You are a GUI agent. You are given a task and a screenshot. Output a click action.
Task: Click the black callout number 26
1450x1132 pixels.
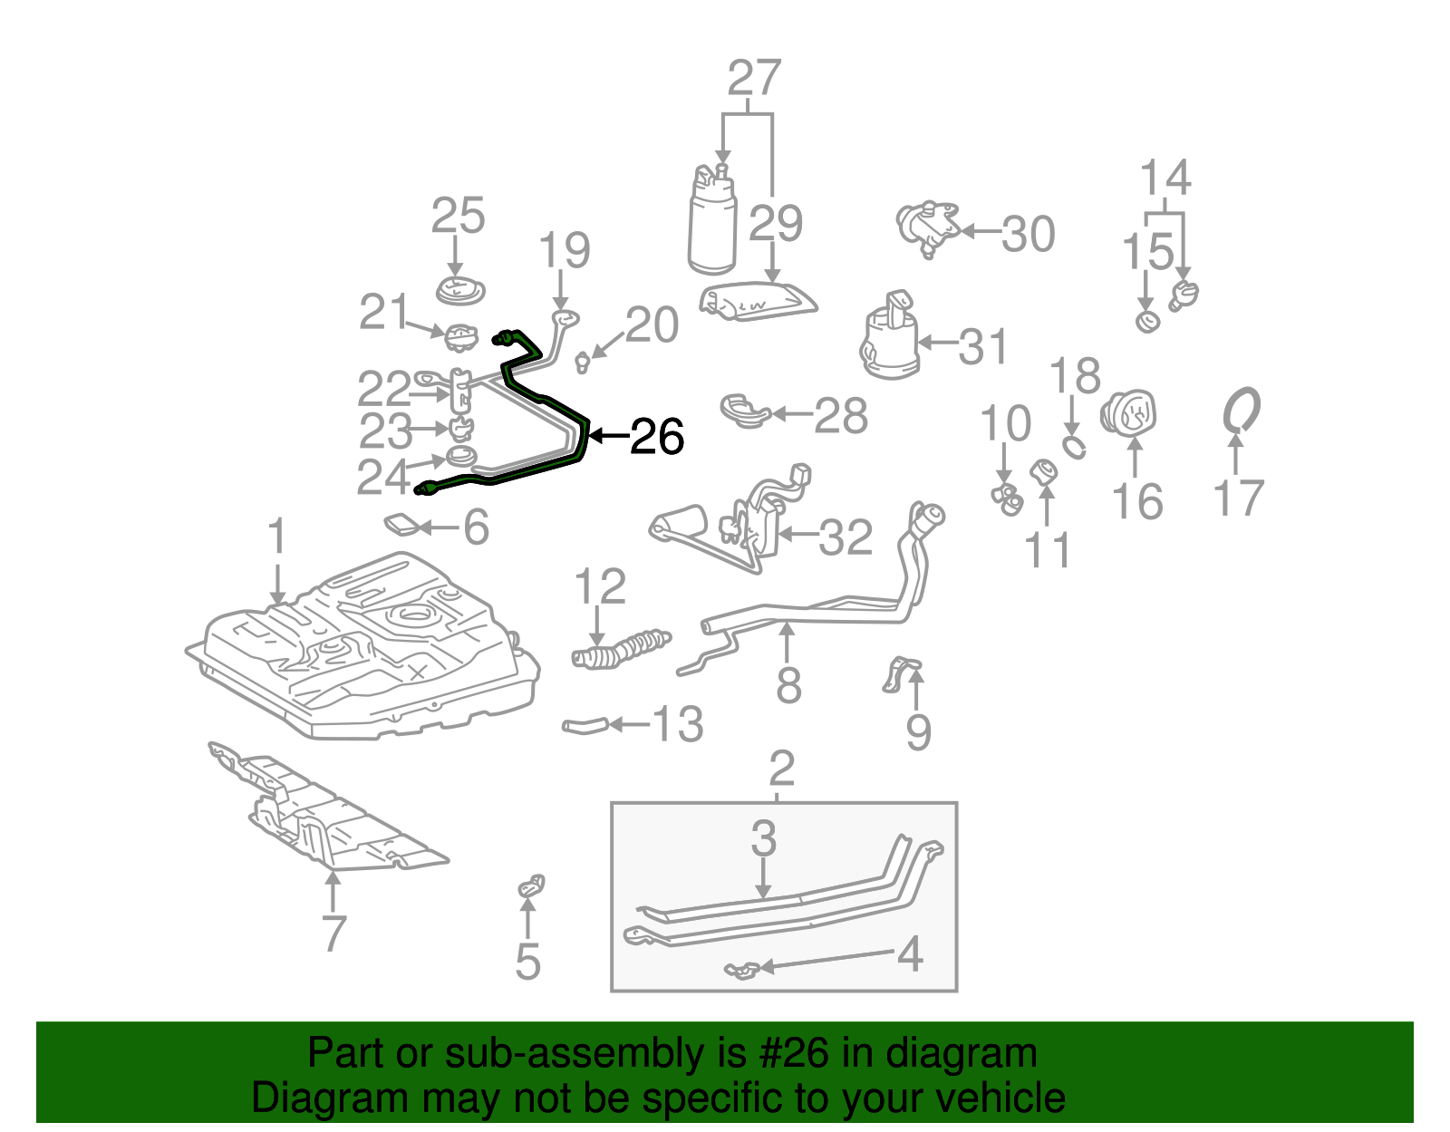pyautogui.click(x=656, y=437)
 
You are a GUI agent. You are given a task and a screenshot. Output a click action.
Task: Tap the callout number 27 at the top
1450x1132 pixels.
pyautogui.click(x=754, y=79)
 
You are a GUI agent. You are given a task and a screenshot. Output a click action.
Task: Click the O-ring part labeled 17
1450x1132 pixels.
pyautogui.click(x=1242, y=411)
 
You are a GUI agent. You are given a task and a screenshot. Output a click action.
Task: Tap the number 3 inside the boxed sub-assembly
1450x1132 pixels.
pyautogui.click(x=763, y=838)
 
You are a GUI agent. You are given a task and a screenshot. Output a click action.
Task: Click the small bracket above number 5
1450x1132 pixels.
pyautogui.click(x=532, y=885)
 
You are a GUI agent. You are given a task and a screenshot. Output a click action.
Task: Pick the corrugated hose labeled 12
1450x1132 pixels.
pyautogui.click(x=621, y=650)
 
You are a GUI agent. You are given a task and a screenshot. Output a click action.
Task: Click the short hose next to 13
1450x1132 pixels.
pyautogui.click(x=585, y=724)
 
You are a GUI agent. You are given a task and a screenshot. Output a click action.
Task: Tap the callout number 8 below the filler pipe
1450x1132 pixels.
pyautogui.click(x=788, y=685)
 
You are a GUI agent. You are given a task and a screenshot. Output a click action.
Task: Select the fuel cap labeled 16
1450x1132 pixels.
pyautogui.click(x=1129, y=413)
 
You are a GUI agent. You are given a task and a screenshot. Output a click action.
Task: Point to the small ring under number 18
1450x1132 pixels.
pyautogui.click(x=1074, y=446)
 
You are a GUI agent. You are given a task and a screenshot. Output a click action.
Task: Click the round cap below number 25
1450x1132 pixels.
pyautogui.click(x=460, y=292)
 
